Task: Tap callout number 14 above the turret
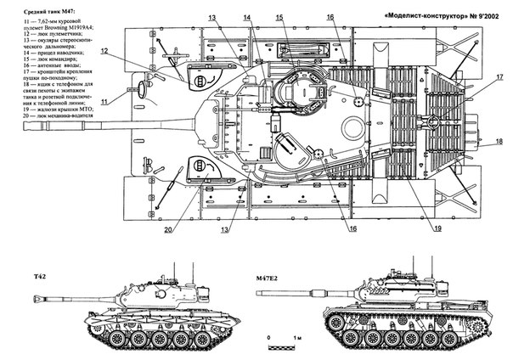[245, 16]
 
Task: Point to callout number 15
[280, 16]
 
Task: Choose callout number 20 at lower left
[169, 228]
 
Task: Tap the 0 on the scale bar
[269, 337]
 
